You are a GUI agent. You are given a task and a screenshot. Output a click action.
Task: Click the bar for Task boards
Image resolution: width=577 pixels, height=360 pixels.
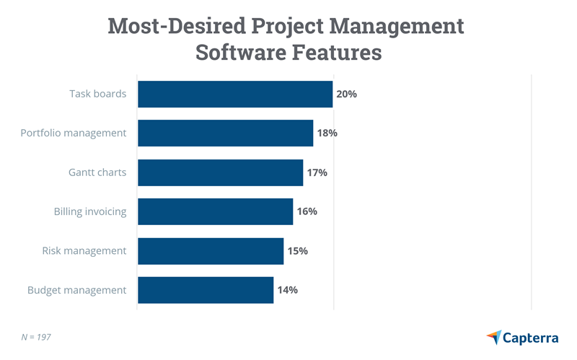pyautogui.click(x=235, y=94)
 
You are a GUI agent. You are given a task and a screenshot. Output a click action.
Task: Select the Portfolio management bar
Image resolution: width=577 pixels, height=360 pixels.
pyautogui.click(x=225, y=133)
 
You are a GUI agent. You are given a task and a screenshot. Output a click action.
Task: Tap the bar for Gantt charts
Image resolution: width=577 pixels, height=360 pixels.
pyautogui.click(x=220, y=172)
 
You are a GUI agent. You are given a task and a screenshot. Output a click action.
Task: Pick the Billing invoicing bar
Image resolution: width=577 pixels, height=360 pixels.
pyautogui.click(x=215, y=211)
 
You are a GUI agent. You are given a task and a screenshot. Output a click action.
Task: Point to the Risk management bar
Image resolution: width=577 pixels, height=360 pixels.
pyautogui.click(x=210, y=251)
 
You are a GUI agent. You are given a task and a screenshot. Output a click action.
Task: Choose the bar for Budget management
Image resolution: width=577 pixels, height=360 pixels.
pyautogui.click(x=205, y=290)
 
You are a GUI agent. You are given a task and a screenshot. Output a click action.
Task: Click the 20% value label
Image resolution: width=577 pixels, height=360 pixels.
pyautogui.click(x=347, y=94)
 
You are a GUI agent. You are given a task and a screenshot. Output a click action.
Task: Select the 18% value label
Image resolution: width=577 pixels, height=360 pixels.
pyautogui.click(x=327, y=133)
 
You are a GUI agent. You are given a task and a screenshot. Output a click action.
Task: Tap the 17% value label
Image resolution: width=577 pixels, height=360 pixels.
pyautogui.click(x=317, y=172)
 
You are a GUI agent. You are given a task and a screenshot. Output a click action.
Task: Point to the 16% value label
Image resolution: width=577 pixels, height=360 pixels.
pyautogui.click(x=307, y=211)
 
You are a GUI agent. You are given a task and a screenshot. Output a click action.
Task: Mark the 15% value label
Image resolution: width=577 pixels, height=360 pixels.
pyautogui.click(x=297, y=251)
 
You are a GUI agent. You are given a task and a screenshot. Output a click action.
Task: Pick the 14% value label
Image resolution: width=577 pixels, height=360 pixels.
pyautogui.click(x=287, y=290)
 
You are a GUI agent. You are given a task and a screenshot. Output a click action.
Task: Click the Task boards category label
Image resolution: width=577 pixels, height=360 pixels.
pyautogui.click(x=97, y=94)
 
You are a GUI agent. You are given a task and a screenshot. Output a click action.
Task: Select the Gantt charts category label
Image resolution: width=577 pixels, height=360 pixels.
pyautogui.click(x=97, y=172)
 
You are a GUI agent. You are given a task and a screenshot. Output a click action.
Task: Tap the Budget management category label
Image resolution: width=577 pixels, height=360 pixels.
pyautogui.click(x=76, y=290)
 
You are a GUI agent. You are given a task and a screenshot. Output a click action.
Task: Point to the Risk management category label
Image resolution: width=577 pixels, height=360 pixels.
pyautogui.click(x=84, y=251)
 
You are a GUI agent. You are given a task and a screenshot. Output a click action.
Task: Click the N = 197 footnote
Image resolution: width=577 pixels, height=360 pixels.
pyautogui.click(x=36, y=336)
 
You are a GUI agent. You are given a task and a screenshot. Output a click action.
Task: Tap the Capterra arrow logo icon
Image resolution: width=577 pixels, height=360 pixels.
pyautogui.click(x=494, y=337)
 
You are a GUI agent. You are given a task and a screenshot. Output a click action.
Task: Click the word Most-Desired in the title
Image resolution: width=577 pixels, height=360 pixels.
pyautogui.click(x=176, y=26)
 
